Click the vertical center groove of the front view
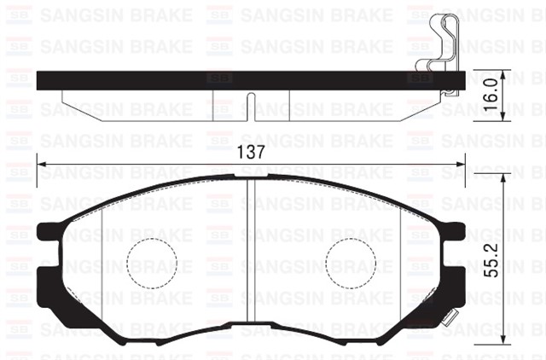pyautogui.click(x=247, y=256)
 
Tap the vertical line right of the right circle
pyautogui.click(x=399, y=260)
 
